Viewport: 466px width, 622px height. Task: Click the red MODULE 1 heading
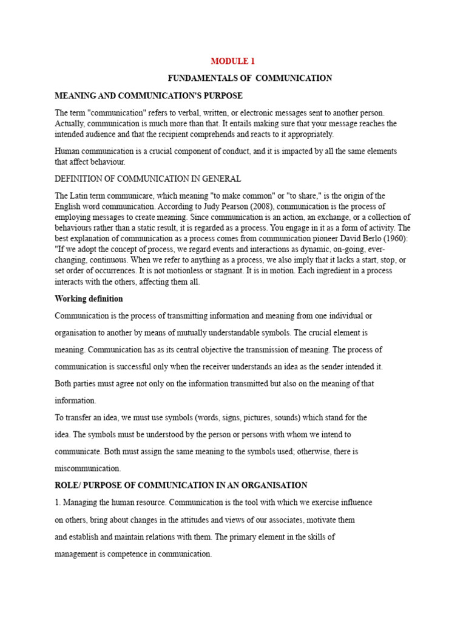pyautogui.click(x=233, y=61)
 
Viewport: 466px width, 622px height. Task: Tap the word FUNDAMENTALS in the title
pyautogui.click(x=197, y=78)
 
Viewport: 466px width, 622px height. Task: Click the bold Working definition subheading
pyautogui.click(x=89, y=299)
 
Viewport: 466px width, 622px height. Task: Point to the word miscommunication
pyautogui.click(x=88, y=468)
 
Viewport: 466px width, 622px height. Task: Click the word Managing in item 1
pyautogui.click(x=80, y=502)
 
